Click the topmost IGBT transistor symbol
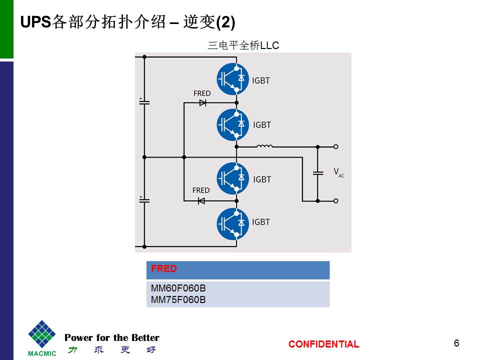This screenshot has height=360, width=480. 233,78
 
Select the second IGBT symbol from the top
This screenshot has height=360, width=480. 233,124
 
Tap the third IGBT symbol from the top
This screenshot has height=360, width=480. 233,178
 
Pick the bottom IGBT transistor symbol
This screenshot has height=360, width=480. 233,223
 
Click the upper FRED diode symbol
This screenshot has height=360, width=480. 202,102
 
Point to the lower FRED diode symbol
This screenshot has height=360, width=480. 201,200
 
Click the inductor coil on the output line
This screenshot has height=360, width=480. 264,146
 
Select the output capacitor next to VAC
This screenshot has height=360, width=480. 317,173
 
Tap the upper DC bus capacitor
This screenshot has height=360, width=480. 144,101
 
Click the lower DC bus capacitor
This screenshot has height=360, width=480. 144,199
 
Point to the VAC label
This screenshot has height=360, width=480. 338,172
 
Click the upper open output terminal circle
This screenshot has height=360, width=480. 336,146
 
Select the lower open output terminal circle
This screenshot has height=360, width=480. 336,200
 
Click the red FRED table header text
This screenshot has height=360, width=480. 164,269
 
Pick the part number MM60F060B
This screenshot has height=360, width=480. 178,289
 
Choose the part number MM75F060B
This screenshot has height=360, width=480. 178,299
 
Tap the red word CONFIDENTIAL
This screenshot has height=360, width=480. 323,344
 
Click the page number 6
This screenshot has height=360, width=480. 456,343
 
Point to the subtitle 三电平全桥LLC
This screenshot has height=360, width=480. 243,45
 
